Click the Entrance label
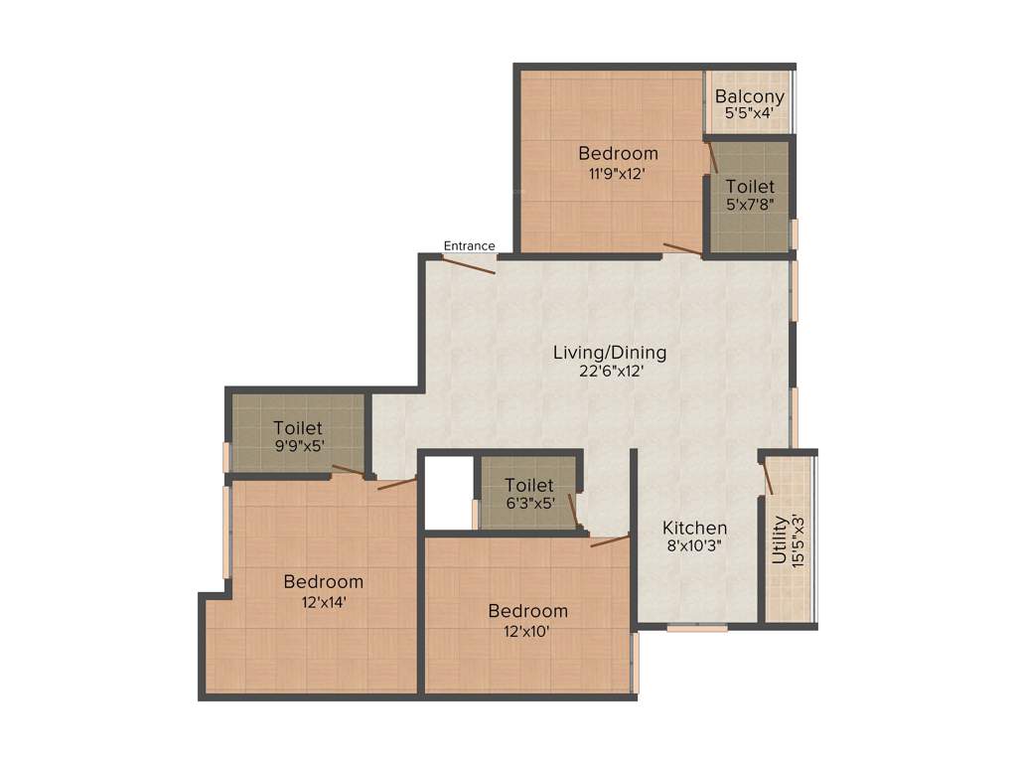(x=469, y=245)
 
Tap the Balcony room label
(x=750, y=96)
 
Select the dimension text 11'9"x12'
(x=618, y=172)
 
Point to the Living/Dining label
(x=610, y=353)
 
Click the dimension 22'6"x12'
(x=610, y=371)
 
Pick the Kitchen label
(x=695, y=528)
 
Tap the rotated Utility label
(x=781, y=539)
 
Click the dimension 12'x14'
(x=323, y=600)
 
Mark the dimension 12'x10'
(x=527, y=630)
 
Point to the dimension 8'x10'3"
(x=695, y=544)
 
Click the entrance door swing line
(x=469, y=265)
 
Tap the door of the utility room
(x=767, y=478)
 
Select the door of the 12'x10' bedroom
(x=610, y=540)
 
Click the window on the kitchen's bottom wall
(x=696, y=628)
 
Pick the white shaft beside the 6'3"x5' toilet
(x=447, y=493)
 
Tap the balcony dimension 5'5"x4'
(x=750, y=113)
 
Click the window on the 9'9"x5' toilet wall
(x=226, y=456)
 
